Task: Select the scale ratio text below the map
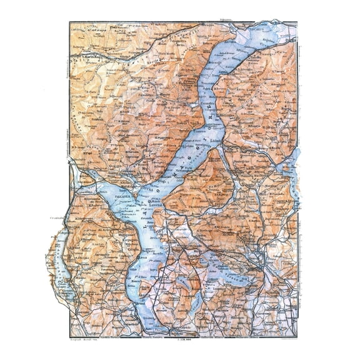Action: [x=185, y=338]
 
